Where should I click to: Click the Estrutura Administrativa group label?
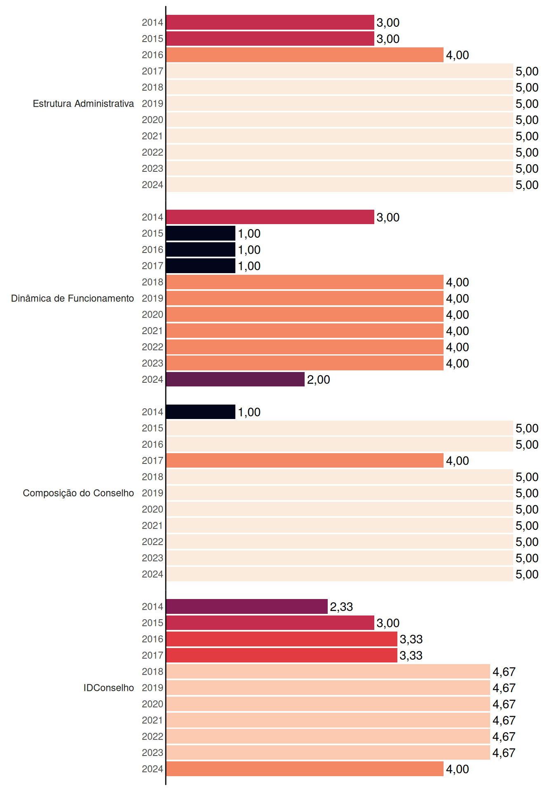pyautogui.click(x=83, y=103)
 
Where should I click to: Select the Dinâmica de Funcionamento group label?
pyautogui.click(x=73, y=298)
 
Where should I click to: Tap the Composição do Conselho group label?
pyautogui.click(x=78, y=493)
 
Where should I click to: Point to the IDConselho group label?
pyautogui.click(x=109, y=688)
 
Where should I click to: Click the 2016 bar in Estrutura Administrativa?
pyautogui.click(x=305, y=55)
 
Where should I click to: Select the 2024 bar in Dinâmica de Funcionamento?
pyautogui.click(x=235, y=379)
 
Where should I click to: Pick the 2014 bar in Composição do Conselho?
pyautogui.click(x=201, y=412)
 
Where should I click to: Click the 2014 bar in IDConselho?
pyautogui.click(x=247, y=606)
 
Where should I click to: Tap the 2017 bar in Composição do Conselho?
pyautogui.click(x=305, y=461)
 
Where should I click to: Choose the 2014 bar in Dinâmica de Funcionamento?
pyautogui.click(x=270, y=217)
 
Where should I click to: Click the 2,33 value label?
pyautogui.click(x=341, y=607)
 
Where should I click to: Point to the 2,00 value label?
pyautogui.click(x=318, y=380)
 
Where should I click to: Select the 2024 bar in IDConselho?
pyautogui.click(x=305, y=769)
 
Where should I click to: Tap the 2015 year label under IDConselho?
pyautogui.click(x=153, y=623)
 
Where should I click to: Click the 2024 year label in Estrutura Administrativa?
pyautogui.click(x=153, y=185)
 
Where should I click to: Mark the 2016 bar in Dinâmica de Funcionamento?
pyautogui.click(x=201, y=250)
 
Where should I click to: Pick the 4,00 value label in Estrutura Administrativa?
pyautogui.click(x=458, y=55)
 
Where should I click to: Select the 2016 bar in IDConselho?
pyautogui.click(x=282, y=639)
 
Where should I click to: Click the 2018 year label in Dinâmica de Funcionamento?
pyautogui.click(x=153, y=282)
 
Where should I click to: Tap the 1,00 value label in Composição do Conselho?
pyautogui.click(x=249, y=412)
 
